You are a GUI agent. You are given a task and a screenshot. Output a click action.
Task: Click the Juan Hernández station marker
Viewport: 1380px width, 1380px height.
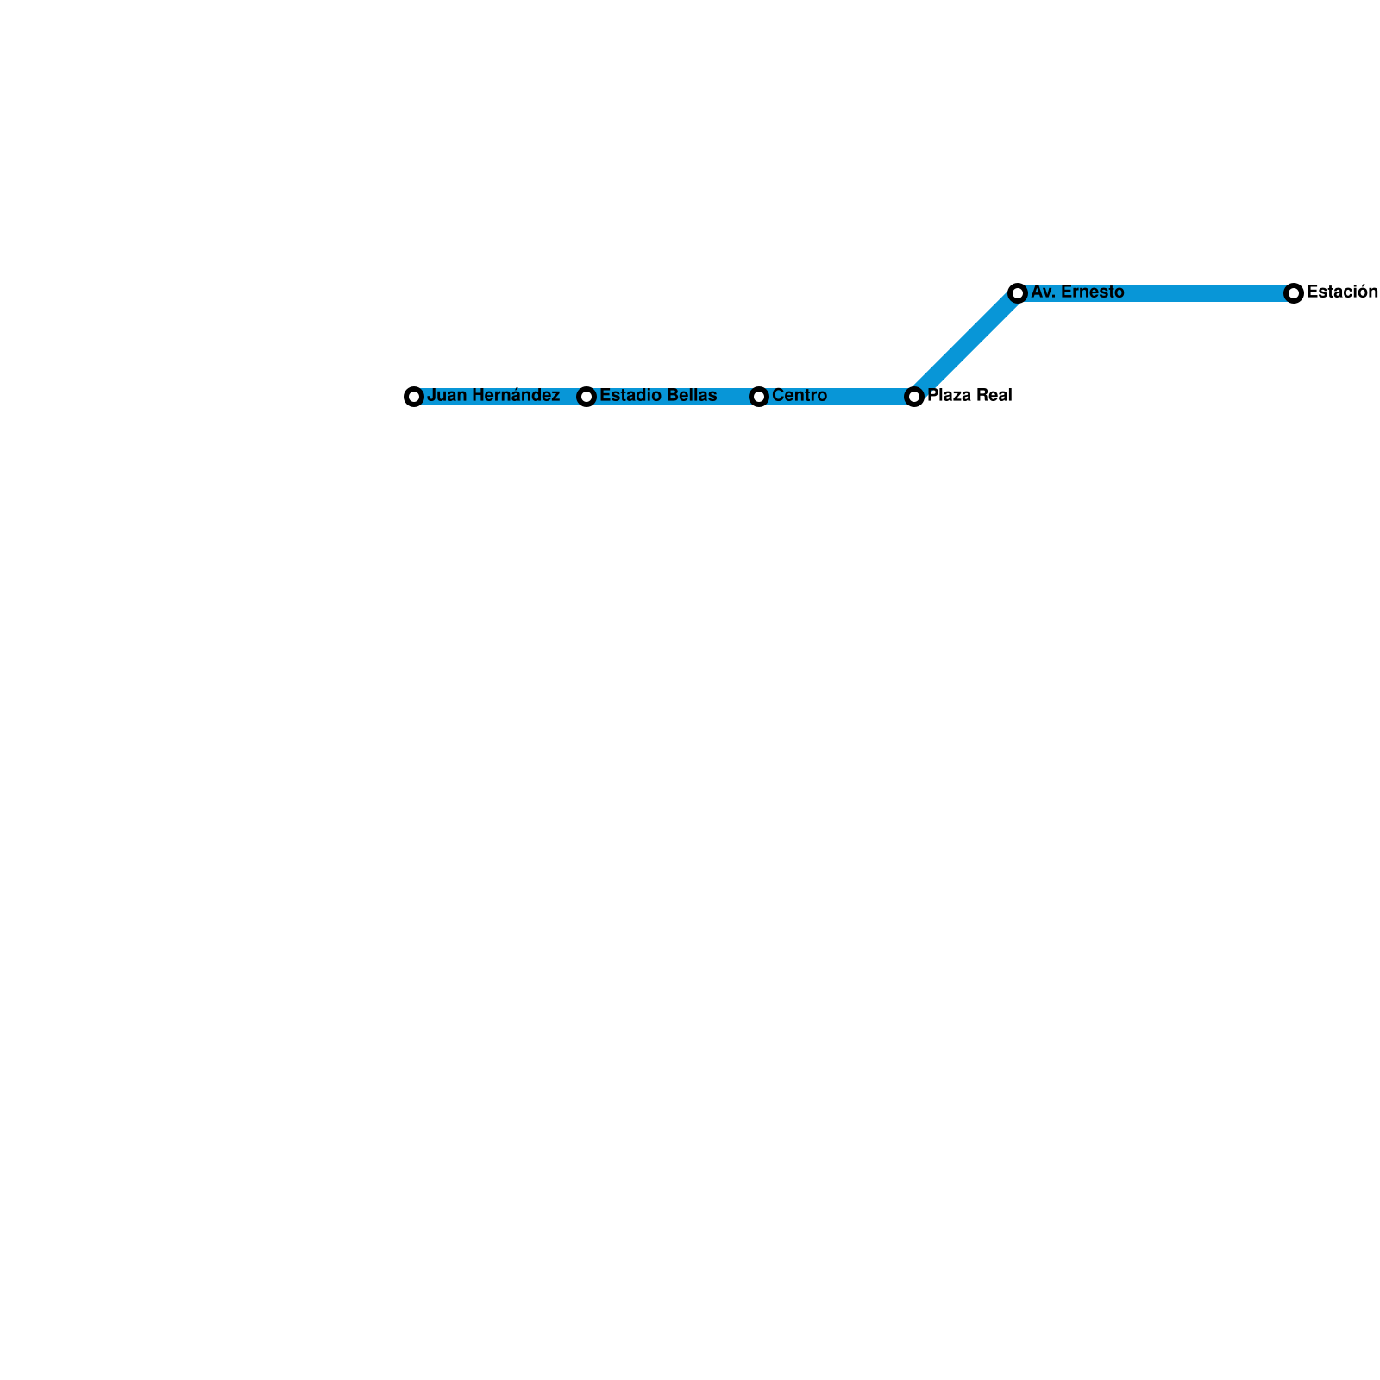point(414,397)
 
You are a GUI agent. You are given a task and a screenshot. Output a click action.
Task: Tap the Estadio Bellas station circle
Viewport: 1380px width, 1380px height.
point(586,397)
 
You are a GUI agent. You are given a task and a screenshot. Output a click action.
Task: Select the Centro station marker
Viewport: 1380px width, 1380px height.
point(759,397)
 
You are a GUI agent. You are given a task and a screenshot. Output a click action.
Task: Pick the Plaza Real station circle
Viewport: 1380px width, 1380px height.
point(914,397)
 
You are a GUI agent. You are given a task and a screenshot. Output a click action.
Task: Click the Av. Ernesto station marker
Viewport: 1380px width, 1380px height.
point(1018,293)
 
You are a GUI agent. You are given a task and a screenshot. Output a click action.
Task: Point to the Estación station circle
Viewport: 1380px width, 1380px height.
point(1294,293)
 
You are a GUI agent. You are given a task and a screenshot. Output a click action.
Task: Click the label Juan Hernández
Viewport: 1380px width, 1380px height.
point(493,396)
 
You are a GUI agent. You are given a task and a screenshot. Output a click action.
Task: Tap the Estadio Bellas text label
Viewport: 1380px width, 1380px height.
point(658,396)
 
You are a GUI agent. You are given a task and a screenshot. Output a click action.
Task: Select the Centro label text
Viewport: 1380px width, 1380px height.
point(800,396)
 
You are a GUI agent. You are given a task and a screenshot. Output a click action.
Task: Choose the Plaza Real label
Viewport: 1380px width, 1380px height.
point(969,396)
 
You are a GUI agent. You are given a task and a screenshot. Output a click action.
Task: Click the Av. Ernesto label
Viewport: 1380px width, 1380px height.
point(1077,292)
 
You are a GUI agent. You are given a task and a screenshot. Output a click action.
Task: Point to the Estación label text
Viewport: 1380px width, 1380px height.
point(1342,292)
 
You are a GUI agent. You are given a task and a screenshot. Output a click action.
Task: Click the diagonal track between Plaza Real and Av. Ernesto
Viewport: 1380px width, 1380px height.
point(966,345)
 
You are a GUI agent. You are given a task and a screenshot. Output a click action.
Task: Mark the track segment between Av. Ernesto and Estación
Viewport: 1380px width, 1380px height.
point(1207,293)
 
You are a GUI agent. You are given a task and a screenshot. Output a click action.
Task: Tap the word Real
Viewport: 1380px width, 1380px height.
point(994,396)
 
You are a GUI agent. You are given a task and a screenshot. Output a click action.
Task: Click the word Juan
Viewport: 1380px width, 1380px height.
point(445,396)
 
